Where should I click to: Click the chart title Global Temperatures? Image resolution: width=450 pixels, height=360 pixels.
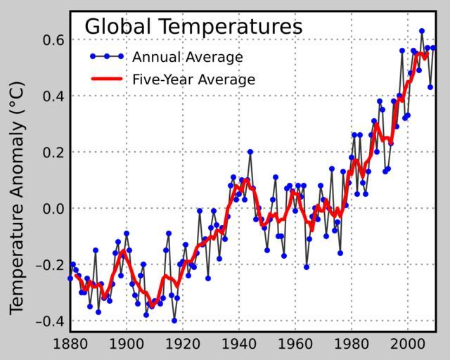[193, 27]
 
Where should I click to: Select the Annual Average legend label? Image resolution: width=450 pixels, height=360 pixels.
[188, 57]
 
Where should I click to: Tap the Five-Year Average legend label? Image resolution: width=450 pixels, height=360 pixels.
[193, 79]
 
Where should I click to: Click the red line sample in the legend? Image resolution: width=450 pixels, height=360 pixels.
[106, 79]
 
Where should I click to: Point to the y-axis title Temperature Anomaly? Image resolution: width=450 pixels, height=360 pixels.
[17, 198]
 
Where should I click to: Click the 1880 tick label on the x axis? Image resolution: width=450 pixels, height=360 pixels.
[70, 345]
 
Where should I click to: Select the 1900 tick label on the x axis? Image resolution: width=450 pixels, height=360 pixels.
[127, 345]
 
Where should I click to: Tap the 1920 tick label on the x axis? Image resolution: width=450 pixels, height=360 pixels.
[183, 345]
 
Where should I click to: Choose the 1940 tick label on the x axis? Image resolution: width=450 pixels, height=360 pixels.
[240, 345]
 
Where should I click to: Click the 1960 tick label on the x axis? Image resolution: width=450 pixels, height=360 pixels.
[296, 345]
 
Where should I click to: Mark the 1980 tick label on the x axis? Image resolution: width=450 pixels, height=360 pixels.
[352, 345]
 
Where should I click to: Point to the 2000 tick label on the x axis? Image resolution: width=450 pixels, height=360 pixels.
[409, 345]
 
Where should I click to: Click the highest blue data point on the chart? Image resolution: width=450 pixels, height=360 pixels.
[422, 31]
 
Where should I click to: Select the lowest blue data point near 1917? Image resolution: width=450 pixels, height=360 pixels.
[174, 321]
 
